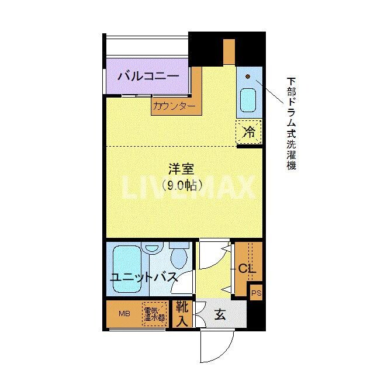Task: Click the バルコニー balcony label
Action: tap(148, 77)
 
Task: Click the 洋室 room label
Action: tap(181, 170)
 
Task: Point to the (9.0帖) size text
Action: tap(182, 186)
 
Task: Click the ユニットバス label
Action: tap(144, 277)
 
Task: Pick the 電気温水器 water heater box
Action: tap(155, 314)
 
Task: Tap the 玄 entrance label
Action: tap(220, 314)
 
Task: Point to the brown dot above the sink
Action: tap(248, 76)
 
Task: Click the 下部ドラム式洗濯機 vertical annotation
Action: tap(290, 123)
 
